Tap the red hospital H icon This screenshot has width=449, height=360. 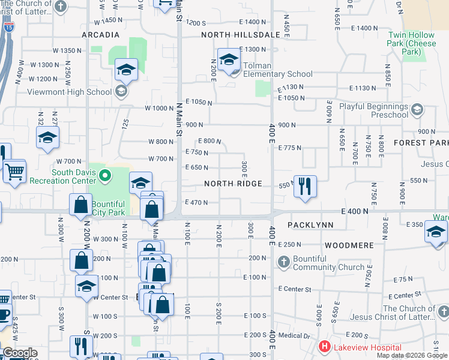325,347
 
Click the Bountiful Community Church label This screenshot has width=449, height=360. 330,263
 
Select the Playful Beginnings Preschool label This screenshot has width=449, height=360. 373,110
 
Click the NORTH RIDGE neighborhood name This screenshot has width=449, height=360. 233,184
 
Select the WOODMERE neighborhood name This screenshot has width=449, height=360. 349,245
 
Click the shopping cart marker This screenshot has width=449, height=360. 14,172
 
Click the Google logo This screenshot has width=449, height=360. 20,353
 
